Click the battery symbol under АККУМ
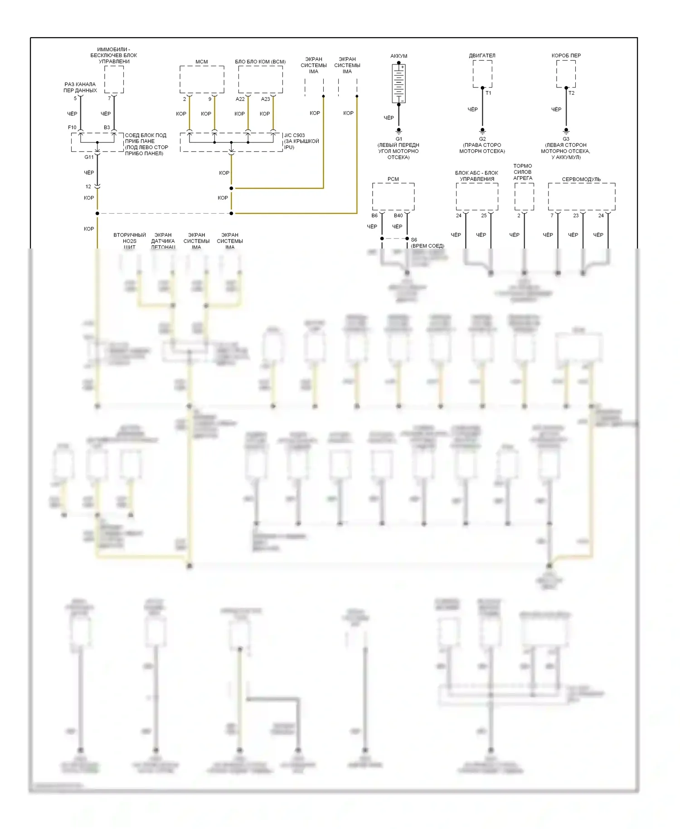pos(398,83)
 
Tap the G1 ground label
pos(399,139)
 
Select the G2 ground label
pos(482,139)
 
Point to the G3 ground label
pos(566,139)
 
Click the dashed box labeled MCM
pos(202,79)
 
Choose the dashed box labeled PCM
pos(393,196)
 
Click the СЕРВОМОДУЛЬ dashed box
pos(581,196)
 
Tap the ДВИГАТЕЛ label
pos(482,56)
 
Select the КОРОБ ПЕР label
pos(566,56)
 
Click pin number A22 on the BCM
pos(240,99)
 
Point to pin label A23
pos(266,99)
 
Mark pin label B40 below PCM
pos(398,215)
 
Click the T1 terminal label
pos(488,93)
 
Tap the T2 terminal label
pos(571,93)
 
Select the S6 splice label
pos(414,240)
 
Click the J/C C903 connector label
pos(295,135)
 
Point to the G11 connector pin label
pos(89,157)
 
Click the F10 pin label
pos(72,127)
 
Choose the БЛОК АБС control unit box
pos(477,196)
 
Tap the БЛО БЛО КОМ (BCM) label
pos(260,62)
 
